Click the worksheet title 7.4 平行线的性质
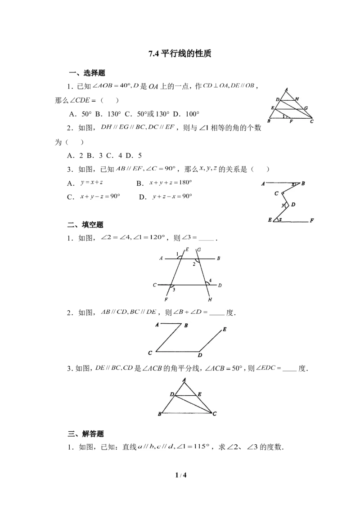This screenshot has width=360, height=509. pos(180,54)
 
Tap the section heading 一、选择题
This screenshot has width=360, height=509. pos(87,73)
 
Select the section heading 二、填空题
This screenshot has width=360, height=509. pos(86,225)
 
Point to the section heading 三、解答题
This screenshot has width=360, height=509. pos(86,434)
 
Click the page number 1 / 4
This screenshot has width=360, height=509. pos(181,475)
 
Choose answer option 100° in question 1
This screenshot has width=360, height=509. pos(193,114)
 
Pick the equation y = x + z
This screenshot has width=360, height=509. pos(92,183)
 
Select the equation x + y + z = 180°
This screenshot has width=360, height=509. pos(171,183)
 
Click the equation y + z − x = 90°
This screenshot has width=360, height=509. pos(172,196)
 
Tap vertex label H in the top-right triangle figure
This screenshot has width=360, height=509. pos(297,98)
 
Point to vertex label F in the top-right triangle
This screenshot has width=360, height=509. pos(291,121)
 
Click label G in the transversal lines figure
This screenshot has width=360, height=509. pos(199,250)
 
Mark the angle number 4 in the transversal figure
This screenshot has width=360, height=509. pos(210,281)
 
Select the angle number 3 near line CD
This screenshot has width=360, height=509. pos(174,290)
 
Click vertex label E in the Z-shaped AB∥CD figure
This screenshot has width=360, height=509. pos(225,330)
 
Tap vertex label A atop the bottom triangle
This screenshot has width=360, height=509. pos(184,380)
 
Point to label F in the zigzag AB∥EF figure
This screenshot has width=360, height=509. pos(312,220)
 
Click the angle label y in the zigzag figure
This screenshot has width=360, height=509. pos(283,205)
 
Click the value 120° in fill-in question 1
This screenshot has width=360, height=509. pos(157,237)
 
